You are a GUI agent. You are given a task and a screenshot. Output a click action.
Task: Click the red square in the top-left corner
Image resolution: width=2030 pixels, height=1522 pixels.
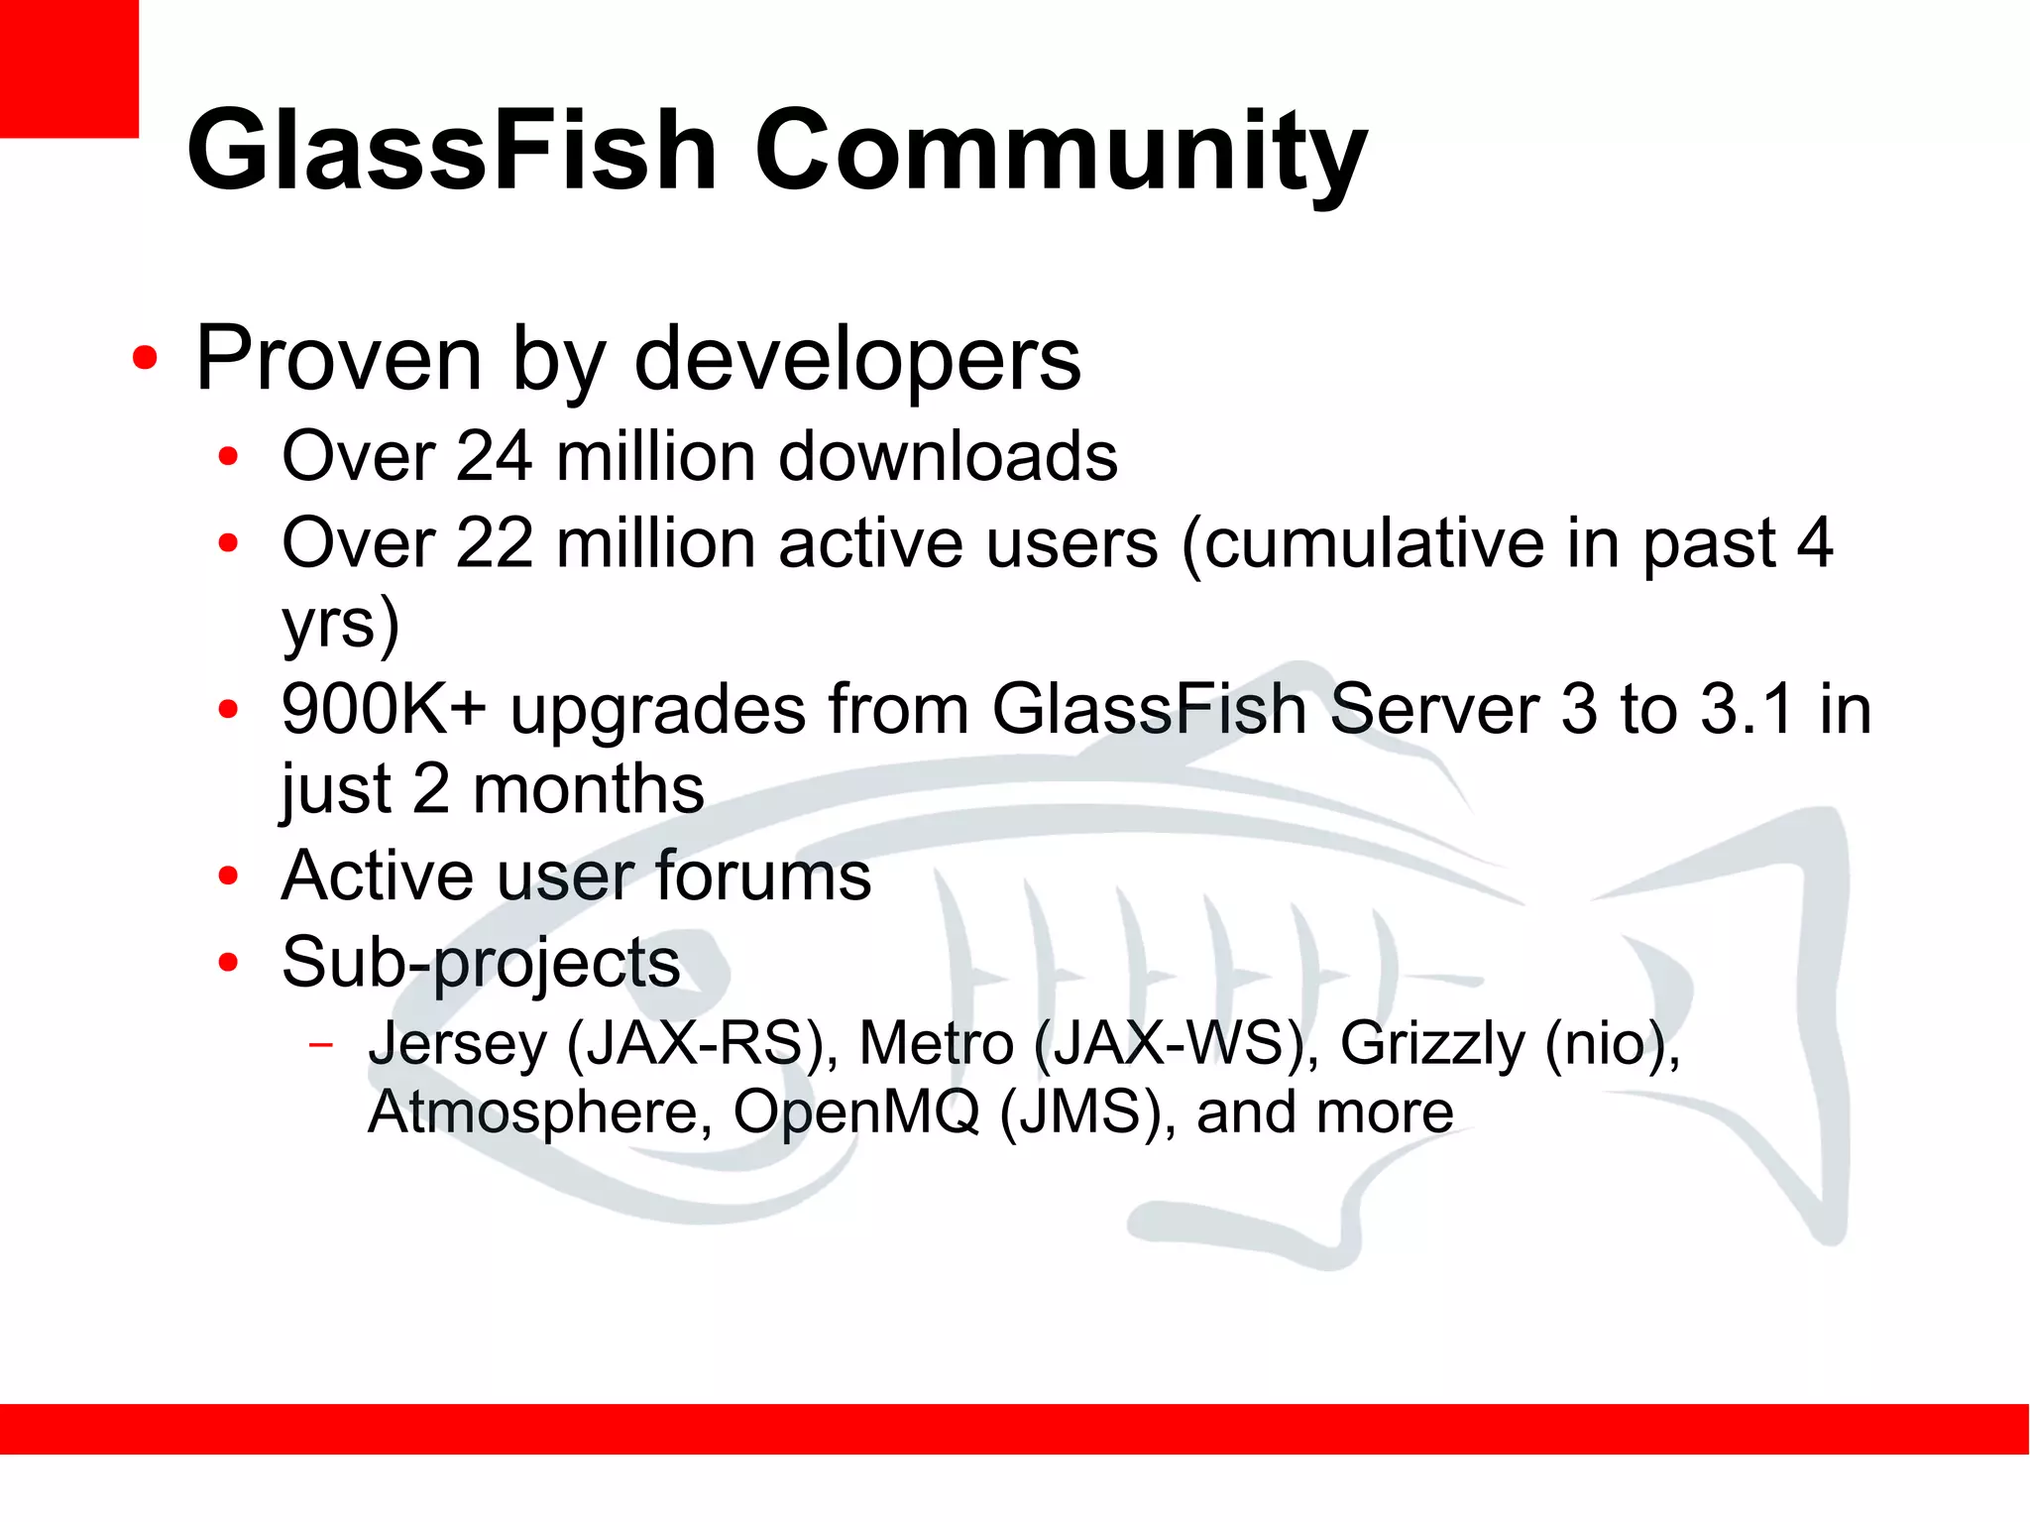coord(68,68)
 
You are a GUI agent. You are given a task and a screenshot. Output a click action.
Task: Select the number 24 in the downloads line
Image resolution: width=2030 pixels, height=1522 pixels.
coord(495,457)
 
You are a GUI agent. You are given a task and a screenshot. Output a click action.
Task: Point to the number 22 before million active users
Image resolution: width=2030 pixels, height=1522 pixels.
coord(495,543)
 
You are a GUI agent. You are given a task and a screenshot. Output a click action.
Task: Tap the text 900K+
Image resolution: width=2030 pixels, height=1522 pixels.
coord(384,709)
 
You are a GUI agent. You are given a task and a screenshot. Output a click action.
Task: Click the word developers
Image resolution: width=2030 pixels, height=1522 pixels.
coord(857,359)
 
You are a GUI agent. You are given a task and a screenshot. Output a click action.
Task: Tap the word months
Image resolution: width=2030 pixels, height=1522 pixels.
coord(588,790)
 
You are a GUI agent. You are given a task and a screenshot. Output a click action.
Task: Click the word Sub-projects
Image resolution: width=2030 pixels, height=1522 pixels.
coord(481,963)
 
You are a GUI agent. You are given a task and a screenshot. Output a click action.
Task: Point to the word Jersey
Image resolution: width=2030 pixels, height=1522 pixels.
coord(457,1044)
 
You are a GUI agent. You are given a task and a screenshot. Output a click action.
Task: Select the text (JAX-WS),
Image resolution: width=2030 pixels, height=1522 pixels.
coord(1177,1044)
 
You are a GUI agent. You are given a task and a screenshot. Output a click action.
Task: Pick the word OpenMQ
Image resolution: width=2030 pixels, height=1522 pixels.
coord(855,1112)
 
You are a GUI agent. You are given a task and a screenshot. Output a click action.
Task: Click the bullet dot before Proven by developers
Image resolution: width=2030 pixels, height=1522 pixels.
coord(145,359)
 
